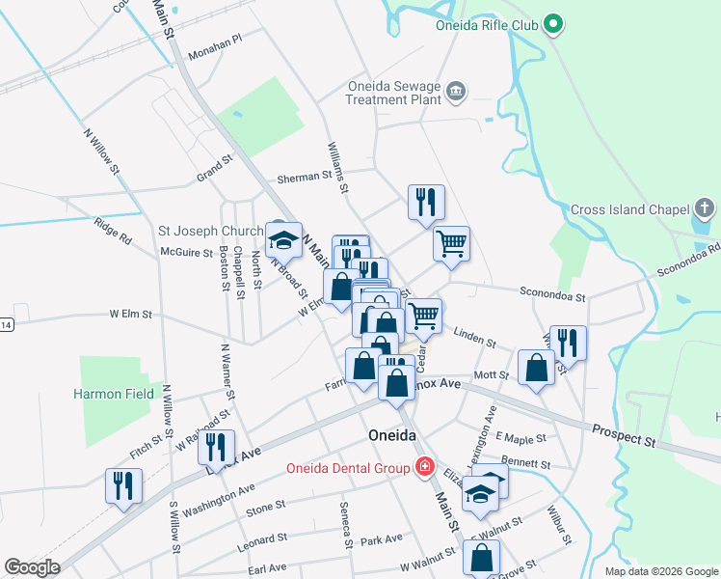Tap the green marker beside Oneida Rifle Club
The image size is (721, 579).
click(x=553, y=24)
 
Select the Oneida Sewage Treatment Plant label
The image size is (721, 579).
click(x=393, y=93)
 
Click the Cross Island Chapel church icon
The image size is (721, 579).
click(x=705, y=208)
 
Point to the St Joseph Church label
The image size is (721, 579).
click(x=211, y=232)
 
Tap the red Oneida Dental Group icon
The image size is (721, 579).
click(x=422, y=468)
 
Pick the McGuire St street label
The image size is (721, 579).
click(x=187, y=253)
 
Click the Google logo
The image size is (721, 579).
click(x=32, y=567)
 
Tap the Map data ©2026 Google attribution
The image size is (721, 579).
click(x=661, y=571)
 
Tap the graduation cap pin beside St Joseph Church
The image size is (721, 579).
click(x=283, y=240)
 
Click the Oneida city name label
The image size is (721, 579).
click(x=392, y=436)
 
